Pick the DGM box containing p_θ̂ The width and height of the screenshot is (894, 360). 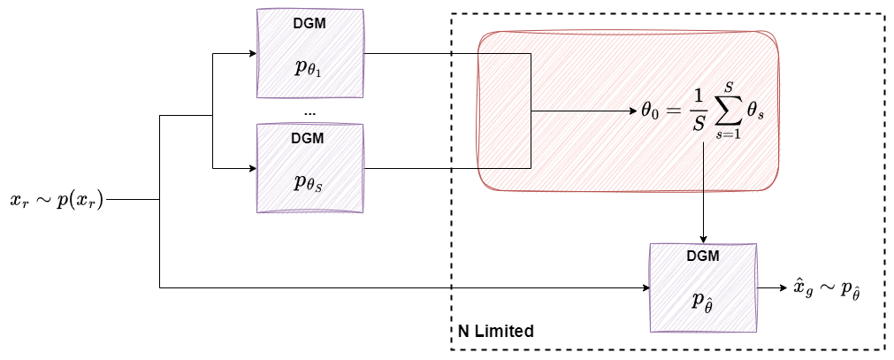(x=703, y=287)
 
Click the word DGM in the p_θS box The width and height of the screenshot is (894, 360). (x=308, y=139)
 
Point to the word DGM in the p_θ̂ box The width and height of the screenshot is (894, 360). (x=703, y=257)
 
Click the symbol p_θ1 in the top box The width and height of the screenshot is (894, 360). (x=308, y=68)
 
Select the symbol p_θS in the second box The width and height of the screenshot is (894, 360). (x=308, y=183)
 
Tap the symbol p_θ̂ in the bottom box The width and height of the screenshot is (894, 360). (x=703, y=301)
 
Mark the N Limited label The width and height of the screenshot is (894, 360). (x=495, y=332)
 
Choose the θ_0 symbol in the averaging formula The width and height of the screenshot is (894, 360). (x=651, y=113)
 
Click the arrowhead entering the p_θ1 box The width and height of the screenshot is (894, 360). (x=250, y=53)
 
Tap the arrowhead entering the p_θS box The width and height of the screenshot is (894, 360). (x=250, y=168)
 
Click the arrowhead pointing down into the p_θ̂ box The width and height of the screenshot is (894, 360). (x=703, y=239)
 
